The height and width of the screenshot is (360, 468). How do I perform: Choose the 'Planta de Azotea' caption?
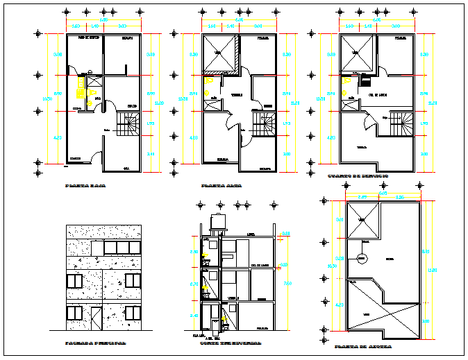(362, 346)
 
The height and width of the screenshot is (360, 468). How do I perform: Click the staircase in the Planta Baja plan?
(128, 126)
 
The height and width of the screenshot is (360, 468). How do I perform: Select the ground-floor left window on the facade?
(75, 314)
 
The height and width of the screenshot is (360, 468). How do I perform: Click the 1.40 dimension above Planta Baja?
(92, 26)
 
